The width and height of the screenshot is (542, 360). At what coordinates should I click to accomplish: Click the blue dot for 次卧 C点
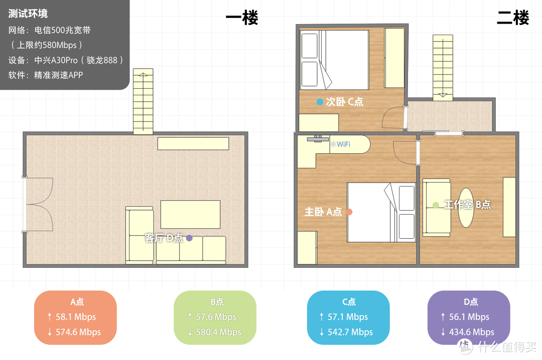pos(320,102)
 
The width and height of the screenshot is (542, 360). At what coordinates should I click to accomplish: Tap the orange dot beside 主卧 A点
pos(349,212)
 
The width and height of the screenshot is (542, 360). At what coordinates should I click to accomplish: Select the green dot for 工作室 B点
pos(436,205)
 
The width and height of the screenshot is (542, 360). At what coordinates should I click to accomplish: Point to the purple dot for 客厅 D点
pos(189,238)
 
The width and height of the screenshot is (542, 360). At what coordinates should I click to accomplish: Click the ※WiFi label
pos(340,144)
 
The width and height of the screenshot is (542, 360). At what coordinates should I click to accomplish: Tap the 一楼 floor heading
pos(242,18)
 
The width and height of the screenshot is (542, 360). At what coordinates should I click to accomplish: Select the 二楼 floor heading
pos(513,18)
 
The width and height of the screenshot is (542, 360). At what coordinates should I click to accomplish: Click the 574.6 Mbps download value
pos(78,332)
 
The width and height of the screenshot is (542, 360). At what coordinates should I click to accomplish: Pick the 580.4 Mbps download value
pos(218,332)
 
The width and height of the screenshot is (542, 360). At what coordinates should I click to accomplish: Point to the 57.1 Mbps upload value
pos(348,317)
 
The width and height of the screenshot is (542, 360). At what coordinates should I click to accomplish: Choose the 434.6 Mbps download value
pos(471,332)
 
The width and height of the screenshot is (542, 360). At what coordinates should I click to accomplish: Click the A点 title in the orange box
pos(77,302)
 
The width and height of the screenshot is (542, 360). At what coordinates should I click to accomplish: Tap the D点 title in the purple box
pos(471,302)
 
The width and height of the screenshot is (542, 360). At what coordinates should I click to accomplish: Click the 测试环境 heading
pos(28,14)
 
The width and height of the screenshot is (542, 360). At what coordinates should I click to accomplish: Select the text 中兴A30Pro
pos(56,60)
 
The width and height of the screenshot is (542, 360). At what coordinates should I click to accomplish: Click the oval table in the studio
pos(466,208)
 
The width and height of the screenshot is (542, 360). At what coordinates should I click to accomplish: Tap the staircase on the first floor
pos(143,102)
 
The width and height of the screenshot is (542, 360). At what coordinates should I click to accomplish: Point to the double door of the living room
pos(38,204)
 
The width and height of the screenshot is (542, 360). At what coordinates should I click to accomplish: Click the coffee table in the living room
pos(191,214)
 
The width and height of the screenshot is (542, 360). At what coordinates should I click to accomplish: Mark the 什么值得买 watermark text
pos(507,346)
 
